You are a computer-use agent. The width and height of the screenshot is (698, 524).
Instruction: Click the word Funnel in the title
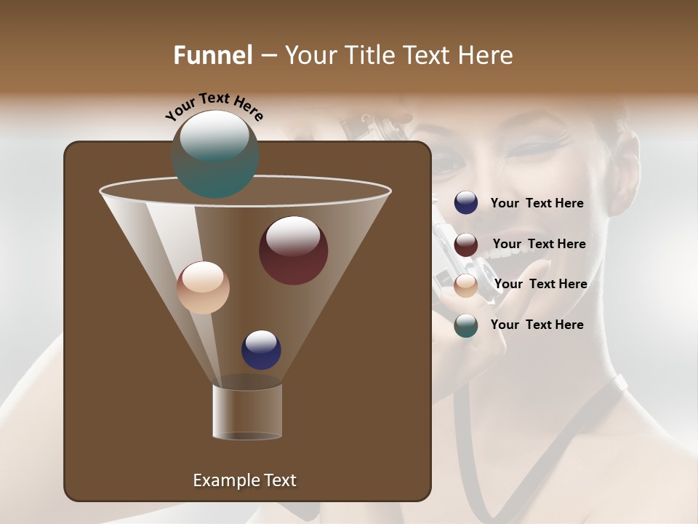[x=212, y=55]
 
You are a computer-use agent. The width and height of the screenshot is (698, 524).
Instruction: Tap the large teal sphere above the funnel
[x=214, y=154]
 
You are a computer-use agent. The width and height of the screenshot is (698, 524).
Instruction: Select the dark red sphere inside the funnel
[x=293, y=250]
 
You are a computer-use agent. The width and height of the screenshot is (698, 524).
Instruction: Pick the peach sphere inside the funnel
[x=203, y=287]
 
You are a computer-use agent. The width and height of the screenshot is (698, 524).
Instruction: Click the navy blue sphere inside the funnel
[x=261, y=349]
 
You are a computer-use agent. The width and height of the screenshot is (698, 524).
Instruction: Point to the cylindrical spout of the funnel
[x=247, y=412]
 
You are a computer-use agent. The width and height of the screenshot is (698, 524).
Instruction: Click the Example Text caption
[x=244, y=480]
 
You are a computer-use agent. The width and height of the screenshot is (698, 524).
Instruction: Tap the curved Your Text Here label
[x=214, y=106]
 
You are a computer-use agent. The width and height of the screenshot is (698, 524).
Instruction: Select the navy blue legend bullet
[x=466, y=203]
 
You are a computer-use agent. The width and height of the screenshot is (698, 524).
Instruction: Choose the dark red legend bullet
[x=466, y=245]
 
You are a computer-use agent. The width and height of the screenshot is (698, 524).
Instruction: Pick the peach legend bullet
[x=466, y=285]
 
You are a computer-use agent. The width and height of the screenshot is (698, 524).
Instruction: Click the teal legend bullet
[x=466, y=325]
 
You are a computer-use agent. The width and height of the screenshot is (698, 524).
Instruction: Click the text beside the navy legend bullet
[x=537, y=204]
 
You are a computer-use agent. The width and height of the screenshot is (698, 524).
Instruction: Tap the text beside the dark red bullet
[x=539, y=245]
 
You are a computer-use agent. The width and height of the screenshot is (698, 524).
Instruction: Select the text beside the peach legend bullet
[x=540, y=284]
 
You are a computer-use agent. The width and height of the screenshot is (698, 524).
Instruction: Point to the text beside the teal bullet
[x=537, y=325]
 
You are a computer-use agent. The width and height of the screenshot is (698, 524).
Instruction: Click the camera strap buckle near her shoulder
[x=620, y=384]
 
